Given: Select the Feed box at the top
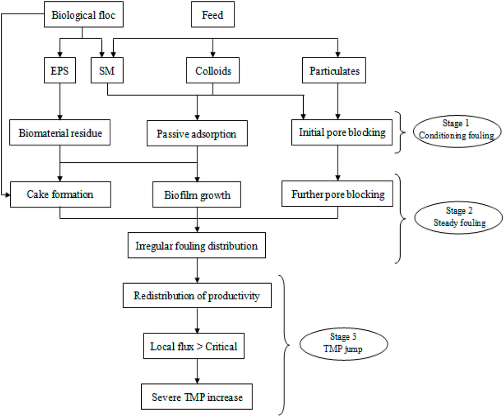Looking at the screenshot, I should [x=212, y=15].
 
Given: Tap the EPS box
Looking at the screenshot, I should [x=60, y=71].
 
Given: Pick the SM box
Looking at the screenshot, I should [x=107, y=71].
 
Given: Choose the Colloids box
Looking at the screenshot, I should [x=212, y=71].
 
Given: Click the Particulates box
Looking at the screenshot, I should [x=338, y=71].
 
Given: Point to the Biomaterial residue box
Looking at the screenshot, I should [x=60, y=133].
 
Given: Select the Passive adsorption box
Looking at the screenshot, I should [x=197, y=133].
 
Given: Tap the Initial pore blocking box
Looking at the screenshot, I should [x=342, y=132].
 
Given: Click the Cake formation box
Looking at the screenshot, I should [x=60, y=194].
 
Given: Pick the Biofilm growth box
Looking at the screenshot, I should [x=197, y=195].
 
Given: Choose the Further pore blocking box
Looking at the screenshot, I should [x=338, y=194].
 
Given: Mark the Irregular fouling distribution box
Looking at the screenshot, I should [x=197, y=246].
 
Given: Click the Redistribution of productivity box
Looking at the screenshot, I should [x=197, y=296].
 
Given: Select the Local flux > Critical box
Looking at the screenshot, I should [x=193, y=347].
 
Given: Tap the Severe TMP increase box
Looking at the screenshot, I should [x=197, y=396].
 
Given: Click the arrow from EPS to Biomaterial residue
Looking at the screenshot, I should [x=60, y=101].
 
